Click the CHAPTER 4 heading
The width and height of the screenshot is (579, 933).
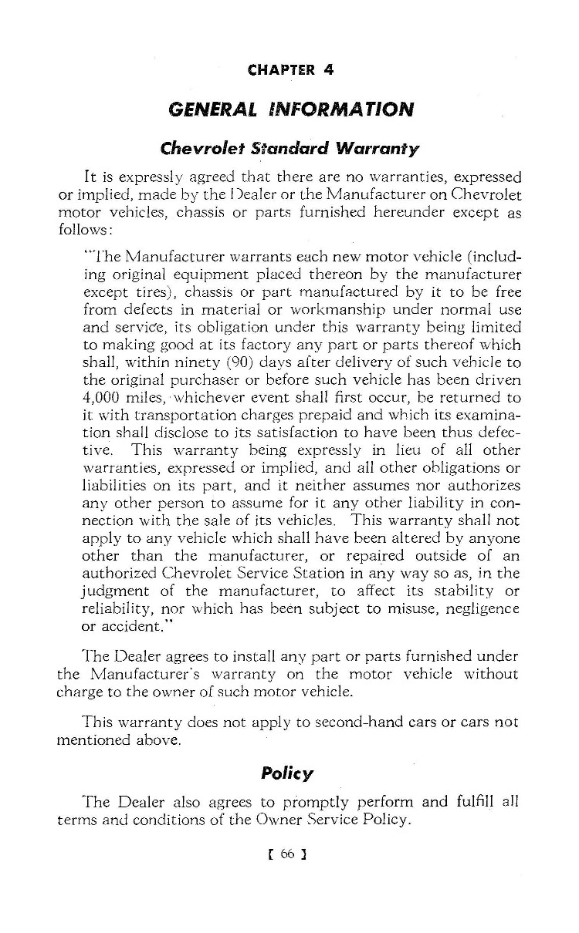tap(290, 70)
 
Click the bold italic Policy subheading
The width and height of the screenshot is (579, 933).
tap(287, 773)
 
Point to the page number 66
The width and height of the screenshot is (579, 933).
tap(289, 854)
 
